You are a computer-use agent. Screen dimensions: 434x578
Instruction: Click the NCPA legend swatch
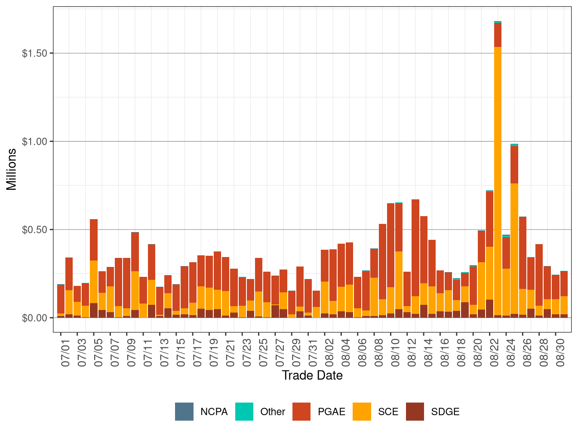pyautogui.click(x=184, y=412)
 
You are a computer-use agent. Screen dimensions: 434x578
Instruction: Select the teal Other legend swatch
pyautogui.click(x=244, y=412)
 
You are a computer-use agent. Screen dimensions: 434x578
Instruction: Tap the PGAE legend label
pyautogui.click(x=332, y=412)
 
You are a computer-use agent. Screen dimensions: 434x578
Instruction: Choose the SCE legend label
pyautogui.click(x=388, y=412)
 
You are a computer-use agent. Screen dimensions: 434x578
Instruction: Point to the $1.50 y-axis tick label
pyautogui.click(x=34, y=53)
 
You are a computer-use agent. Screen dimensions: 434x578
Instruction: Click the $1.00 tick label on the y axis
pyautogui.click(x=34, y=142)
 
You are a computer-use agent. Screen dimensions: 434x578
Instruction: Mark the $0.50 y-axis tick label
pyautogui.click(x=34, y=229)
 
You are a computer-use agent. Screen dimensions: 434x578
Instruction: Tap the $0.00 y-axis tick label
pyautogui.click(x=34, y=318)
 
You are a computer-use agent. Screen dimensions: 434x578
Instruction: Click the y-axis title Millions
pyautogui.click(x=12, y=169)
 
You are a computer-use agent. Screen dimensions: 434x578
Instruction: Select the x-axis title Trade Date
pyautogui.click(x=312, y=375)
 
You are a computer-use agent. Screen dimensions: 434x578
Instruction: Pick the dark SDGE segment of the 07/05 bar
pyautogui.click(x=94, y=310)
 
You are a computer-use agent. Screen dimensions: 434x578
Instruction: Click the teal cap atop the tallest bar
pyautogui.click(x=498, y=22)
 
